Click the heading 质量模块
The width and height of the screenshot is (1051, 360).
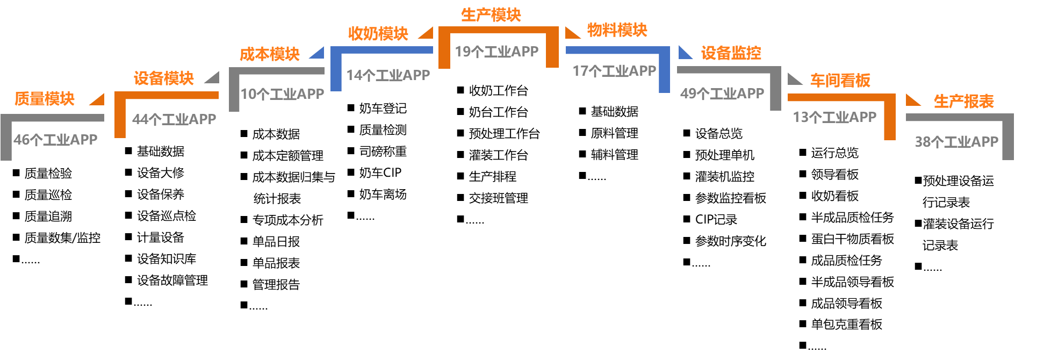point(44,99)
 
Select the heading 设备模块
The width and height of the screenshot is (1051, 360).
point(163,78)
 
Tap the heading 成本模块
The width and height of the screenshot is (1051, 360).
point(269,54)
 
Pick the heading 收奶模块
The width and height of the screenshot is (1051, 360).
point(378,34)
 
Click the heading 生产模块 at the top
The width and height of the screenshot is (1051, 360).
point(491,15)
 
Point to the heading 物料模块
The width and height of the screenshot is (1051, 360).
point(617,30)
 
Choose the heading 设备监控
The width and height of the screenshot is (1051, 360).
point(731,53)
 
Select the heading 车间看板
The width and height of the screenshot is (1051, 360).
point(840,81)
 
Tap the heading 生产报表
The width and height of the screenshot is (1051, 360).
point(963,101)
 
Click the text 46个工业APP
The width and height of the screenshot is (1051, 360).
point(55,140)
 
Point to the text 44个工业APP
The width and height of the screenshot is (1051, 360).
point(174,119)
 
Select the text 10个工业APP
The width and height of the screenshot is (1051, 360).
point(282,94)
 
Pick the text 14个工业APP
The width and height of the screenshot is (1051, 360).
point(388,75)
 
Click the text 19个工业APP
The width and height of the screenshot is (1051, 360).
point(496,52)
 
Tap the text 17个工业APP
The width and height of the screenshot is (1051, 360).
point(614,71)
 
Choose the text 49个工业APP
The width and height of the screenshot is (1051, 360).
point(722,93)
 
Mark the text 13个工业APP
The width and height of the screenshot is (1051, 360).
point(834,117)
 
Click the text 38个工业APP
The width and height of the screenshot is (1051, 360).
point(956,142)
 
